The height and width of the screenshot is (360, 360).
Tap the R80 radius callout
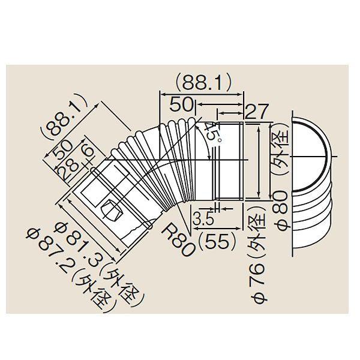[x=179, y=238]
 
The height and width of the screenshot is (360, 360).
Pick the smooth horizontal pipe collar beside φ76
[x=229, y=161]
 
